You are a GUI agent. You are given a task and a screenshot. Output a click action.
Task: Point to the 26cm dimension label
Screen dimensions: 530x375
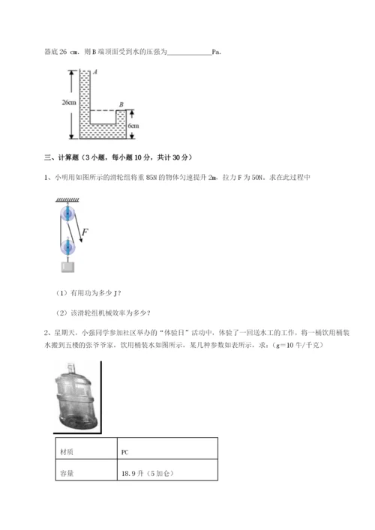coord(69,102)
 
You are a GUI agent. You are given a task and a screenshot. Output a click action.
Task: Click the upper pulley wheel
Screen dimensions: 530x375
coord(68,214)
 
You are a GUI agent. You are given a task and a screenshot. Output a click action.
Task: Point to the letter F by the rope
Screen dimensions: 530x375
coord(85,232)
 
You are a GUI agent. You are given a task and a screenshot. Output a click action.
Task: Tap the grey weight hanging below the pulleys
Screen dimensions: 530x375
coord(68,266)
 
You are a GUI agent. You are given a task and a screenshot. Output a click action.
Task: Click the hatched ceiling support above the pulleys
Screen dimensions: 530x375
coord(68,199)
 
